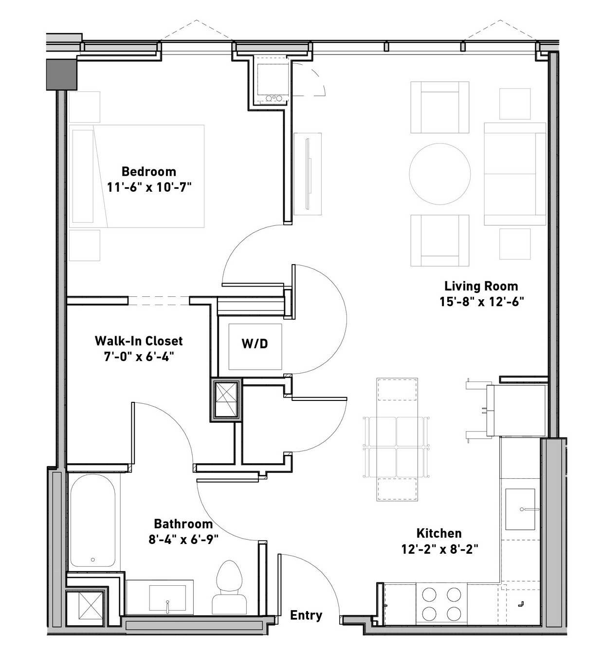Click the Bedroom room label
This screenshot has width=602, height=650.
(149, 171)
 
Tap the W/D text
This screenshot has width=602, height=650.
(255, 343)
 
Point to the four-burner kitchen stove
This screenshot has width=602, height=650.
(441, 603)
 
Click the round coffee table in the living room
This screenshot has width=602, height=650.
(440, 174)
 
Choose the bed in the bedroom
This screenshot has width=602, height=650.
(137, 176)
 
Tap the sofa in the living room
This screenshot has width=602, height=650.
(515, 174)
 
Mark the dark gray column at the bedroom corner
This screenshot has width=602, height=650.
(62, 74)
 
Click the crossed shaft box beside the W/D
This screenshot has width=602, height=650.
(226, 400)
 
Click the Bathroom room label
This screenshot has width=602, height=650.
(183, 524)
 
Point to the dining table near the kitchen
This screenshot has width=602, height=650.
(397, 439)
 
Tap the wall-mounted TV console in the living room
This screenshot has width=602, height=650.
(308, 174)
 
